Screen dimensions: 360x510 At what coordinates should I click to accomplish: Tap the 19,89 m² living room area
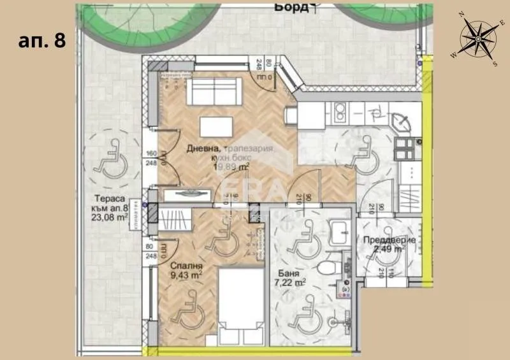231,167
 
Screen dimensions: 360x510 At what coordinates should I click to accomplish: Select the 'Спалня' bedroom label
186,266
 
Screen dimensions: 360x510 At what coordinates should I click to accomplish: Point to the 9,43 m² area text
186,276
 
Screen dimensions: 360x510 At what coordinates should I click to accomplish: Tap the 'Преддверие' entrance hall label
389,240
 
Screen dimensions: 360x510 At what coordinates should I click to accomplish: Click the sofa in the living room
214,89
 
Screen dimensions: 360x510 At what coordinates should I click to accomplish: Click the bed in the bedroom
241,306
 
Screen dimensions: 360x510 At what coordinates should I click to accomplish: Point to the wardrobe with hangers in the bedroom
174,219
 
